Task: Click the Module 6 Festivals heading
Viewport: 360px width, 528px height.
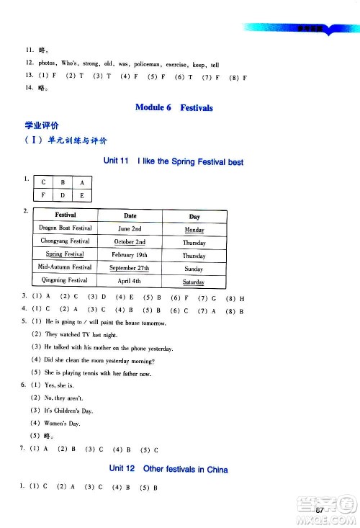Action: [x=174, y=108]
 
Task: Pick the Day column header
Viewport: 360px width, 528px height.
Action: [x=194, y=216]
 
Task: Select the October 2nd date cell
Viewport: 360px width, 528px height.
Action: [x=130, y=242]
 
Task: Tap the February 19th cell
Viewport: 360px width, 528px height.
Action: [x=130, y=255]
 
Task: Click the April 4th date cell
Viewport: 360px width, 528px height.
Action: [x=130, y=281]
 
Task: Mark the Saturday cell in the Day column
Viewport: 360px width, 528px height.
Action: [x=194, y=282]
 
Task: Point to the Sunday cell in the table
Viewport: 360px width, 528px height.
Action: [x=194, y=268]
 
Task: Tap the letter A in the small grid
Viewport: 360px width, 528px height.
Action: [x=82, y=183]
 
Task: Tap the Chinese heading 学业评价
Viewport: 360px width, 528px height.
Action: [x=42, y=125]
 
